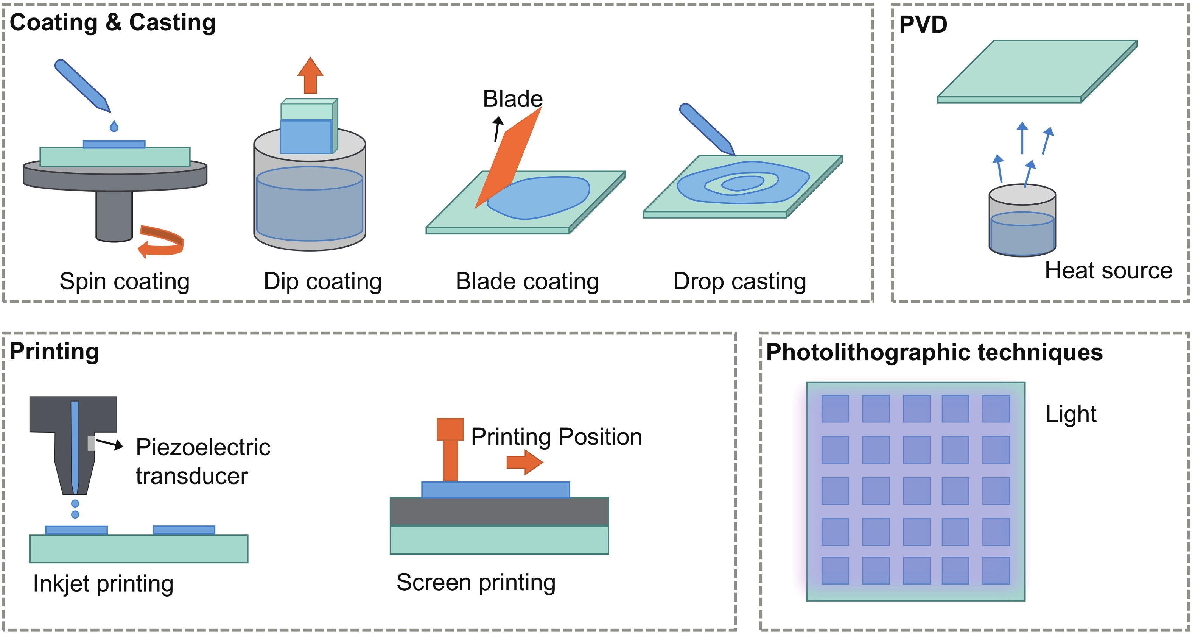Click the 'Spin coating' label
(x=124, y=281)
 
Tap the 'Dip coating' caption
(x=322, y=281)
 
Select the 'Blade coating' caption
(x=527, y=281)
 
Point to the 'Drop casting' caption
(x=739, y=281)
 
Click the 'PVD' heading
(x=923, y=24)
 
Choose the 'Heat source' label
(x=1108, y=270)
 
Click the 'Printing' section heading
(x=54, y=351)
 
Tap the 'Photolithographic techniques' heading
(x=934, y=352)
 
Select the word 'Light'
(x=1071, y=414)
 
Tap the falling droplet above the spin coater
(x=114, y=125)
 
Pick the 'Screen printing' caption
(x=476, y=582)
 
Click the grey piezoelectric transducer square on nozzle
(x=91, y=443)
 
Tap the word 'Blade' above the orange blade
(x=513, y=98)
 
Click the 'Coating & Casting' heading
(x=112, y=22)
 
